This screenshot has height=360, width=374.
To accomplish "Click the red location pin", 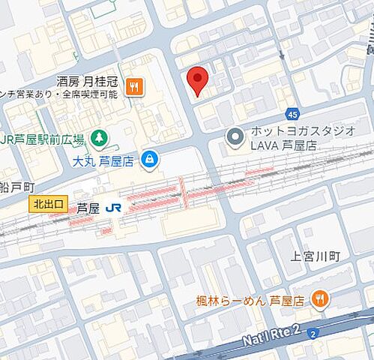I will [x=197, y=79].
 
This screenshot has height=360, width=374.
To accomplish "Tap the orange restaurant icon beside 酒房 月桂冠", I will [x=134, y=86].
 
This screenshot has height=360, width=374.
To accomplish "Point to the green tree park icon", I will [x=98, y=137].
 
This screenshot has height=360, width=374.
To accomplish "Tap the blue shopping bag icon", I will [x=150, y=158].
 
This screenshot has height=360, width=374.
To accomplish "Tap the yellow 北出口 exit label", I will [x=49, y=203].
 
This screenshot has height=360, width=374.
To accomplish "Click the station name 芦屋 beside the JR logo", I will [x=88, y=208].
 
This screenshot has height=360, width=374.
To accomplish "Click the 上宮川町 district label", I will [x=315, y=256].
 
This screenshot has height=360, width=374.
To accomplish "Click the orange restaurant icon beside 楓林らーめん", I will [x=320, y=299].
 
